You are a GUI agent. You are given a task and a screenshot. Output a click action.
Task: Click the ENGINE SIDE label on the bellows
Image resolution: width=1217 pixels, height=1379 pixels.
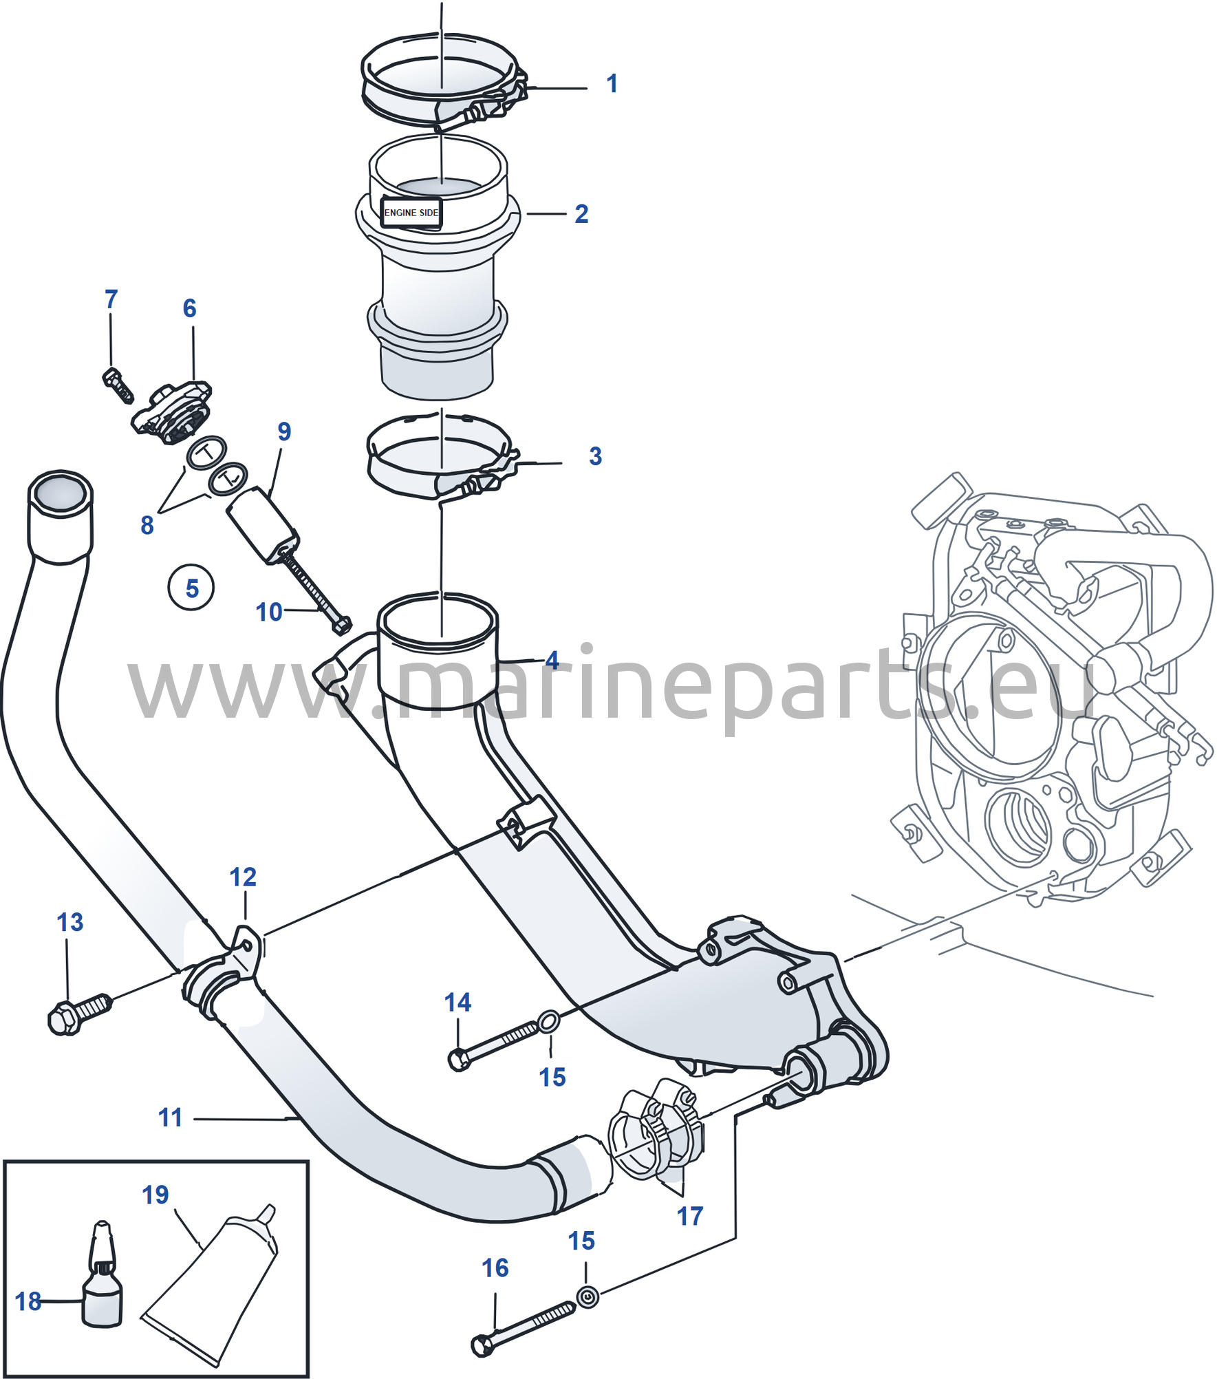(x=411, y=213)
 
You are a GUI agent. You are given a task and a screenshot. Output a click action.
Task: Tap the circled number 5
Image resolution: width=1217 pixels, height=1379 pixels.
(x=191, y=588)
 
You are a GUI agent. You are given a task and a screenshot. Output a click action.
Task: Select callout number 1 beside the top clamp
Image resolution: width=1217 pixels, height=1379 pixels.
(x=612, y=84)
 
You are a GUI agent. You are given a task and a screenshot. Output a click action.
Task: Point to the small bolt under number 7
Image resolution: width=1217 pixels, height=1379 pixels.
(x=118, y=385)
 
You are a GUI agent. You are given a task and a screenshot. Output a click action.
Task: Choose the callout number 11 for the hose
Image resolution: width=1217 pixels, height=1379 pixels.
(x=171, y=1118)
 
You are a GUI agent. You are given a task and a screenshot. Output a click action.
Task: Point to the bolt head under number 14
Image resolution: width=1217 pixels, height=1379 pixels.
(x=459, y=1059)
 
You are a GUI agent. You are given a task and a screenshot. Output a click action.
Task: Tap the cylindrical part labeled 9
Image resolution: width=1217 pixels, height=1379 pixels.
(x=263, y=524)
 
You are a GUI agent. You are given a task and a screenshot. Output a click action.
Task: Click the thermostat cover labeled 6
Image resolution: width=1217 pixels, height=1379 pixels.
(x=172, y=413)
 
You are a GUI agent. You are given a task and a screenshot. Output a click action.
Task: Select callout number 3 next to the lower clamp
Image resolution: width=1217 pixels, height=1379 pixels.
(x=595, y=456)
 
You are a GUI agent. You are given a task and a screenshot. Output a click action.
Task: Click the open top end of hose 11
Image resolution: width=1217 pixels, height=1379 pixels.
(x=60, y=493)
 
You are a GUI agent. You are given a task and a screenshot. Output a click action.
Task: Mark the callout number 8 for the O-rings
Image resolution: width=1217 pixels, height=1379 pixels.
(x=147, y=526)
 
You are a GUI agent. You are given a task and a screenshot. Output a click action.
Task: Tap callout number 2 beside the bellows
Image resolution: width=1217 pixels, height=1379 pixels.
(x=581, y=214)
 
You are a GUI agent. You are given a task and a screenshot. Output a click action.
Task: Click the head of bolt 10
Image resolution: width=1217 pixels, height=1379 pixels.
(x=341, y=625)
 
